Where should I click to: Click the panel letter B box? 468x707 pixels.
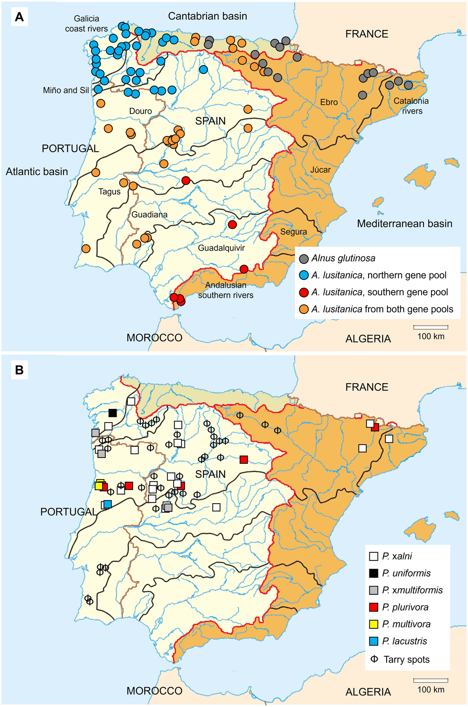(19, 370)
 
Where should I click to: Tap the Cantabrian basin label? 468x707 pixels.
(207, 16)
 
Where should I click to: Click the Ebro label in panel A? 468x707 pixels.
(329, 102)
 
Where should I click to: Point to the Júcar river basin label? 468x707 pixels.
(320, 170)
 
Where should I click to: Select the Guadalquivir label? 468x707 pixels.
(221, 248)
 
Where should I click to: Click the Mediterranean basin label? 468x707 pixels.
(405, 224)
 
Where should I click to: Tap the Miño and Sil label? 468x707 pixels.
(66, 90)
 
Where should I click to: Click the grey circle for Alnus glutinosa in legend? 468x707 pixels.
(304, 258)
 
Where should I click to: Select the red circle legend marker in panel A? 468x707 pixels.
(304, 292)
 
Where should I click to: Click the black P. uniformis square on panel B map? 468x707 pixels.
(113, 413)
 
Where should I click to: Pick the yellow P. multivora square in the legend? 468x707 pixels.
(374, 624)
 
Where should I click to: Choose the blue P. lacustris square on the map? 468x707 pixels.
(108, 504)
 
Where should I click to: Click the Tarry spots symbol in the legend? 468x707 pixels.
(374, 659)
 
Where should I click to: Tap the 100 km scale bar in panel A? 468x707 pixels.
(431, 327)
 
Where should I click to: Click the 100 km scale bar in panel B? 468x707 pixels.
(431, 680)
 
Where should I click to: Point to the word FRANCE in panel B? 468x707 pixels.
(367, 387)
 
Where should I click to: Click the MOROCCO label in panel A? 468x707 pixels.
(154, 338)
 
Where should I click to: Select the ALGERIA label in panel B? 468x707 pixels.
(368, 692)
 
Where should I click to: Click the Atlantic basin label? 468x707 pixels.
(37, 172)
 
